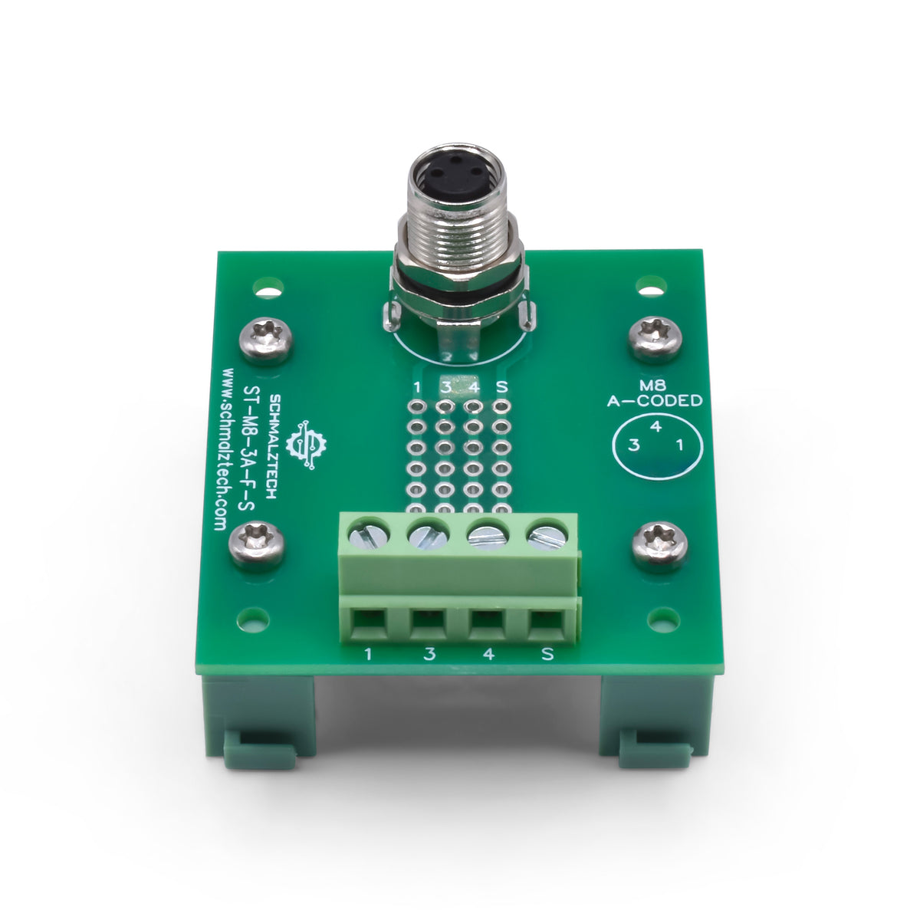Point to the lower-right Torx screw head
tap(659, 544)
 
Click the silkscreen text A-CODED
tap(654, 400)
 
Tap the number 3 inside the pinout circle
tap(634, 445)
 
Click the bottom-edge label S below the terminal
tap(547, 654)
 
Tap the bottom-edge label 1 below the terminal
tap(369, 654)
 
